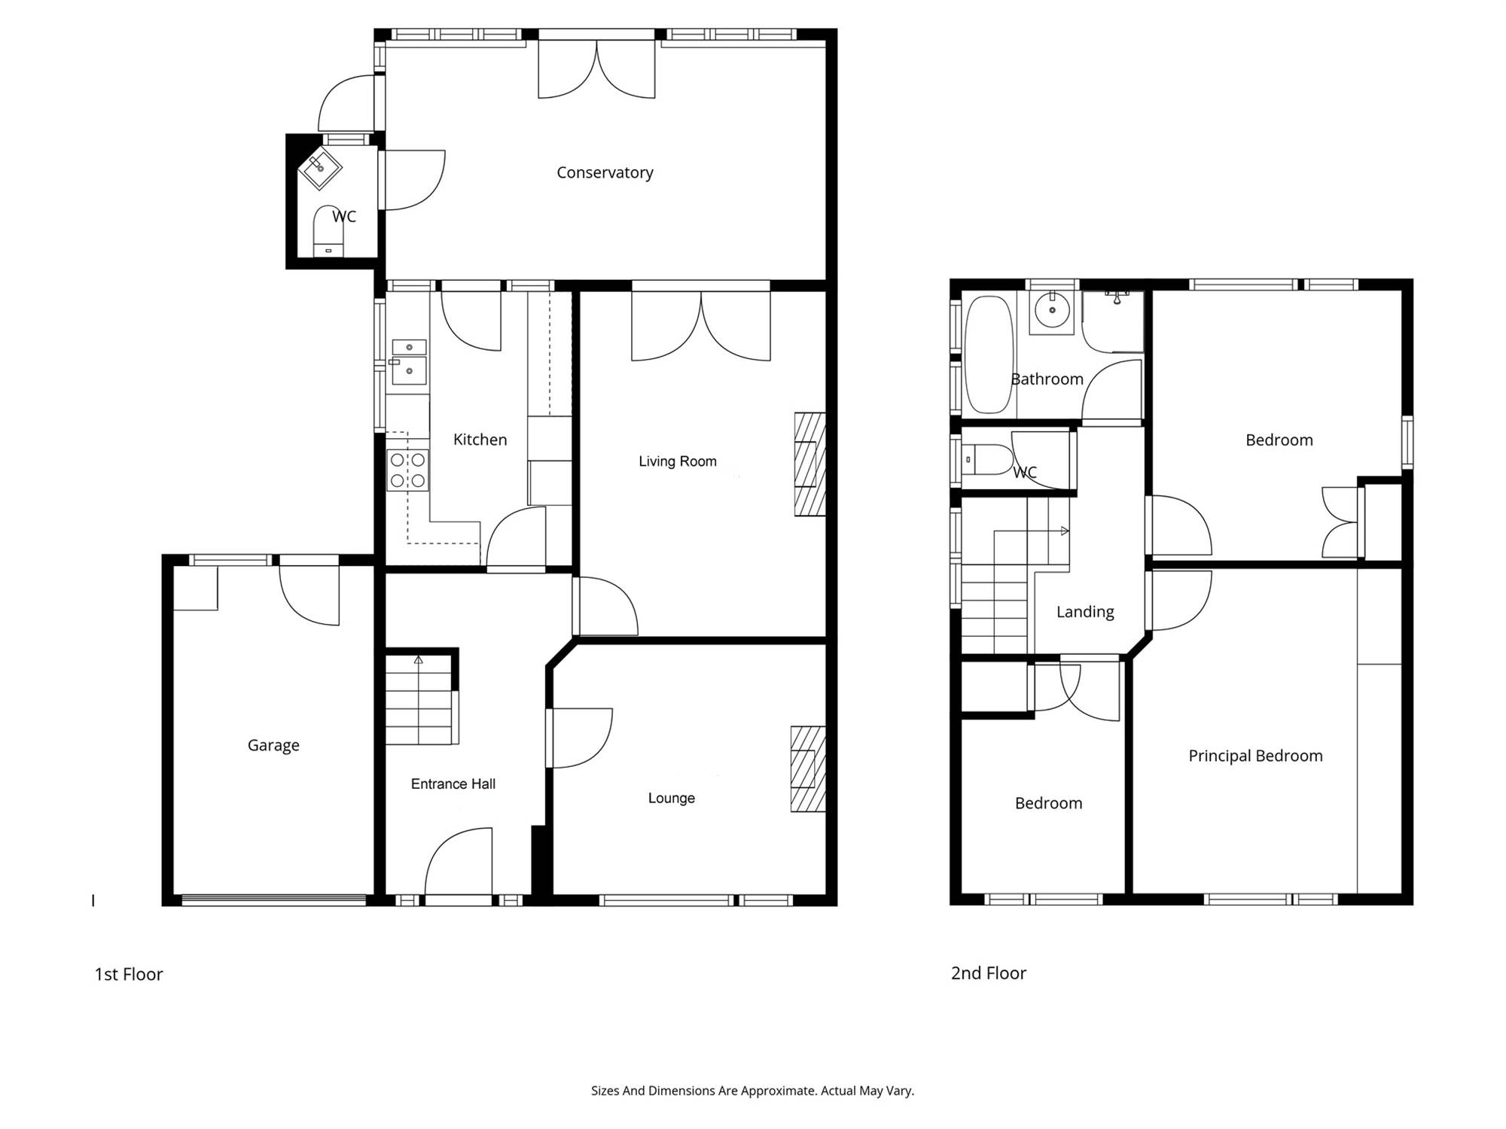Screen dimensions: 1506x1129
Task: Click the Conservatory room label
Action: pyautogui.click(x=605, y=173)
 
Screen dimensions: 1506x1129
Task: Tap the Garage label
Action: pyautogui.click(x=273, y=745)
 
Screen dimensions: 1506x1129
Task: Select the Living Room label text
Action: pyautogui.click(x=678, y=461)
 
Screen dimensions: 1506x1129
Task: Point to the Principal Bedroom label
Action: pyautogui.click(x=1255, y=756)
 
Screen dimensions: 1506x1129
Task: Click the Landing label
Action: pyautogui.click(x=1085, y=612)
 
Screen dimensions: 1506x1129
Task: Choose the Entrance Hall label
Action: pyautogui.click(x=453, y=784)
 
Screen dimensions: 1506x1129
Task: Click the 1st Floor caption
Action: pyautogui.click(x=129, y=974)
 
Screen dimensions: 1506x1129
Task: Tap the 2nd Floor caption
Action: pyautogui.click(x=989, y=973)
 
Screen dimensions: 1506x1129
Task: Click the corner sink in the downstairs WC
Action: pyautogui.click(x=321, y=169)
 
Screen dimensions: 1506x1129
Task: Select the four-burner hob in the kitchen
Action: pyautogui.click(x=407, y=470)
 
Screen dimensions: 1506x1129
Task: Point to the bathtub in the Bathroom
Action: pyautogui.click(x=989, y=355)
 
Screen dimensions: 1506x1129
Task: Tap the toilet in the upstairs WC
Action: pyautogui.click(x=988, y=459)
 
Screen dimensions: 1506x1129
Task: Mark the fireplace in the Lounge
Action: pyautogui.click(x=808, y=768)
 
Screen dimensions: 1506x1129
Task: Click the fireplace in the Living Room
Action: pyautogui.click(x=810, y=464)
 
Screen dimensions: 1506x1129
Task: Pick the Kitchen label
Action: pyautogui.click(x=480, y=440)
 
